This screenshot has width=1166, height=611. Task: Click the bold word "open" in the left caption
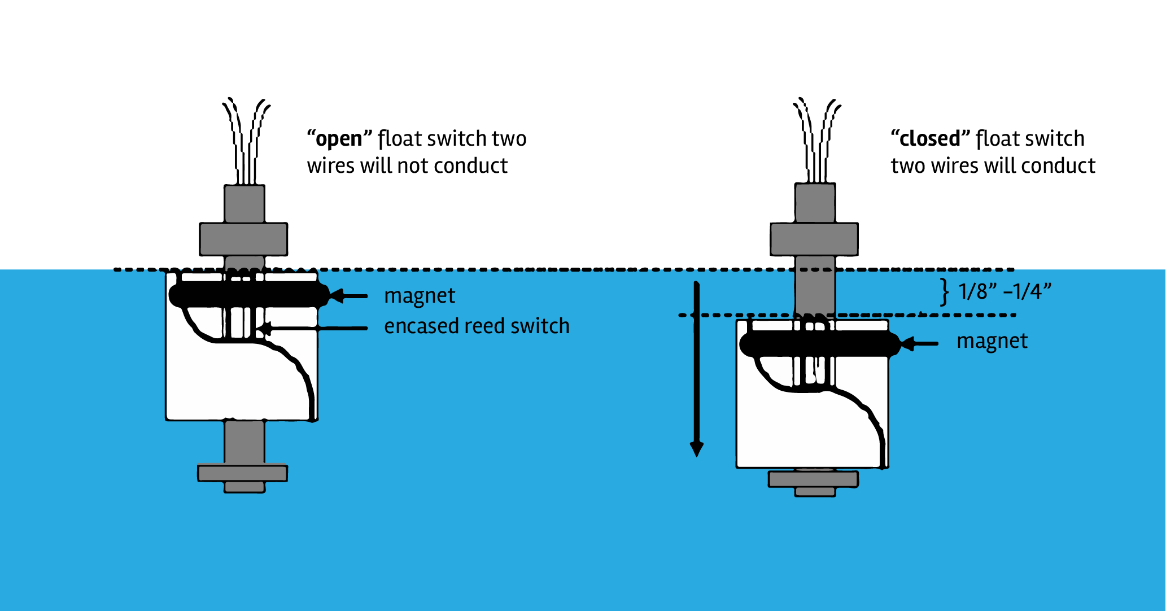click(x=338, y=139)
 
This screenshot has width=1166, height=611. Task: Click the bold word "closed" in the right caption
click(x=929, y=139)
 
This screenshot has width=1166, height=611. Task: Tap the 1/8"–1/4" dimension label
click(x=1005, y=291)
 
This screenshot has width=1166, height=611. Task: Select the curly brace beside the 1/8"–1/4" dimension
click(x=944, y=292)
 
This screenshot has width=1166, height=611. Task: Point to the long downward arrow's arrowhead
click(x=697, y=448)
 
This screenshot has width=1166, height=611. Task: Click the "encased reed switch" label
click(x=477, y=326)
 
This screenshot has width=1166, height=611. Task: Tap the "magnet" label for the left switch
click(x=420, y=296)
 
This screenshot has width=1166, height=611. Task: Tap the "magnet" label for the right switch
click(x=992, y=341)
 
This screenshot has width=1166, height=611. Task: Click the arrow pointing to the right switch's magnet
click(x=920, y=343)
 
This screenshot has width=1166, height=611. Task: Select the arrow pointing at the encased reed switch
click(x=316, y=328)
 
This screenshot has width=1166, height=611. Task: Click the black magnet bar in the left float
click(x=248, y=295)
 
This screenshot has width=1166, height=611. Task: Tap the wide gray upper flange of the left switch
click(x=243, y=239)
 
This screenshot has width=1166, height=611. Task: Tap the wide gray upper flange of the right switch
click(x=814, y=239)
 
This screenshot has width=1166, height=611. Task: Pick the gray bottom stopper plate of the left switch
click(x=242, y=473)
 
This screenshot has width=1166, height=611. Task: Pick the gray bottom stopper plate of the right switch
click(x=813, y=479)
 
